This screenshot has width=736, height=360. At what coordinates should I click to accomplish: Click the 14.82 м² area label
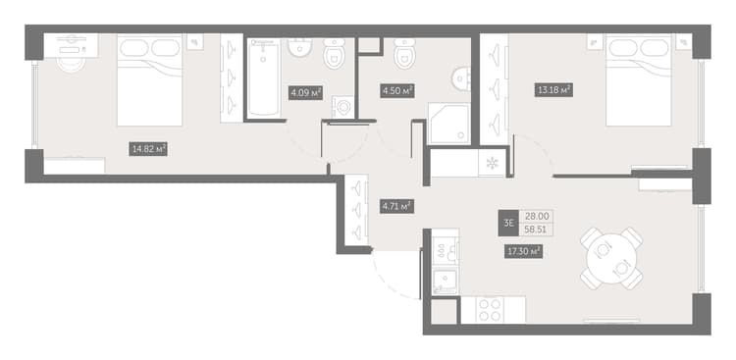(x=148, y=150)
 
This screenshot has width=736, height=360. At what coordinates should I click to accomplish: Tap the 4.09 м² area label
(x=305, y=92)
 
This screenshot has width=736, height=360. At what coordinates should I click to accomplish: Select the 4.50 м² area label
(x=396, y=90)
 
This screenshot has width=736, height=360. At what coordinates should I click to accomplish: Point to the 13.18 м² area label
(x=553, y=89)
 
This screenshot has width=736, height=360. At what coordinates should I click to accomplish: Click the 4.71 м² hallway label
(x=396, y=206)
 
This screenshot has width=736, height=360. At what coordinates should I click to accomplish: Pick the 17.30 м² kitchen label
(x=524, y=252)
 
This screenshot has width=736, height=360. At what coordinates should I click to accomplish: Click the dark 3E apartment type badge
(x=508, y=223)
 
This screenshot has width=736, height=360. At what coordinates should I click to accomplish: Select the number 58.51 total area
(x=535, y=230)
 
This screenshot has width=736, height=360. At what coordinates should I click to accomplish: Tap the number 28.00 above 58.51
(x=535, y=217)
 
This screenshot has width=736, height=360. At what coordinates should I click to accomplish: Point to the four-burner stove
(x=490, y=310)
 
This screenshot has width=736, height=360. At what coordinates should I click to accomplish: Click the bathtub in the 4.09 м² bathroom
(x=264, y=77)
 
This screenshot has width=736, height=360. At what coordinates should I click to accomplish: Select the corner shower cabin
(x=448, y=124)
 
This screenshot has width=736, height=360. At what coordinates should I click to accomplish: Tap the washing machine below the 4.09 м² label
(x=343, y=108)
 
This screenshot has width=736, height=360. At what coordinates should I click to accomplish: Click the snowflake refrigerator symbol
(x=492, y=164)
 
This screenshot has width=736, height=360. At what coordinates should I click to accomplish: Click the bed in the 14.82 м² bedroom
(x=149, y=80)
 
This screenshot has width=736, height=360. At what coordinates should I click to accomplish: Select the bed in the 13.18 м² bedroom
(x=639, y=80)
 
